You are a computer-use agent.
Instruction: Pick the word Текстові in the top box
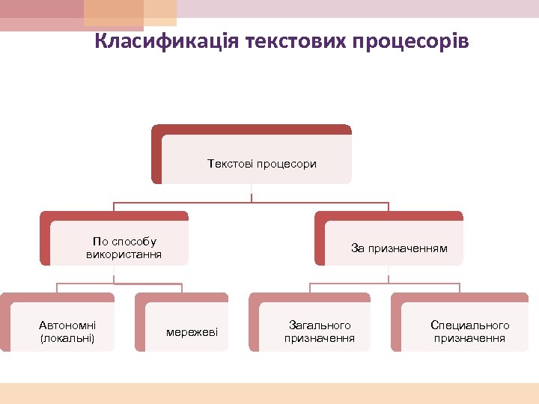pos(230,163)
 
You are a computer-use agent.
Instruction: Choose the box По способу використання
pos(120,243)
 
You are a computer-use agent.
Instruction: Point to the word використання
pos(124,255)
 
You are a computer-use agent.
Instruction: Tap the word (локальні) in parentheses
pos(67,338)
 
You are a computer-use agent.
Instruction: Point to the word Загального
pos(320,325)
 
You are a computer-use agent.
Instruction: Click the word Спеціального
pos(469,325)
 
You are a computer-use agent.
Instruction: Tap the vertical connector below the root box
pos(252,193)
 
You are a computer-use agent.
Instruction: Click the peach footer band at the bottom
pos(269,393)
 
